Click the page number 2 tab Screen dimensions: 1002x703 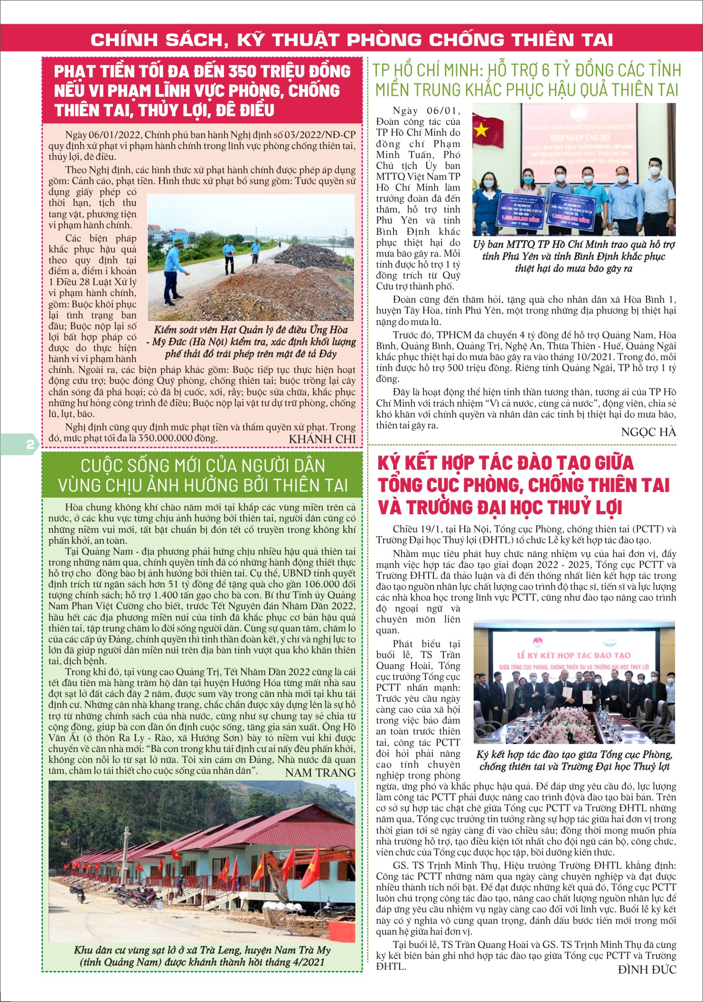click(x=29, y=445)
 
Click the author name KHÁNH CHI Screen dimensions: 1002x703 click(x=322, y=439)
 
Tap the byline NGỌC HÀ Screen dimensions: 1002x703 click(x=648, y=432)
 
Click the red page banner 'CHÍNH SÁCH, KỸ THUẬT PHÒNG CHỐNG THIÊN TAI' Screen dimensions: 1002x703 click(x=351, y=39)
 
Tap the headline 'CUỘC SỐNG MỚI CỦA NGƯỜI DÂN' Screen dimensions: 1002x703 click(x=203, y=465)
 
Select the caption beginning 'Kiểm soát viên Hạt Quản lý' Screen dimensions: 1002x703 click(x=251, y=342)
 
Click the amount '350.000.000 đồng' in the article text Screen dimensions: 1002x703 click(x=178, y=437)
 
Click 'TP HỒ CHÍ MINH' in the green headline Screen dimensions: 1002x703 click(x=427, y=71)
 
